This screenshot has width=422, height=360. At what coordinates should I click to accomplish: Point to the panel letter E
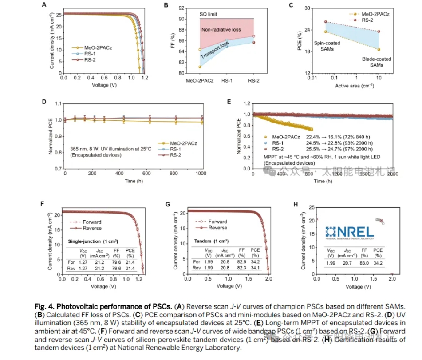tap(229, 102)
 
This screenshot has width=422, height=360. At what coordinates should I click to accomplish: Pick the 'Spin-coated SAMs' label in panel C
tap(326, 46)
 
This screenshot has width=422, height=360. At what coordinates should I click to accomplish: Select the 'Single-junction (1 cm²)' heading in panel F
tap(93, 241)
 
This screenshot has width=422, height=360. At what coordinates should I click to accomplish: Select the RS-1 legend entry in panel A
tap(92, 53)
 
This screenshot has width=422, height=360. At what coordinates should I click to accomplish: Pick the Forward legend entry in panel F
tap(92, 222)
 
